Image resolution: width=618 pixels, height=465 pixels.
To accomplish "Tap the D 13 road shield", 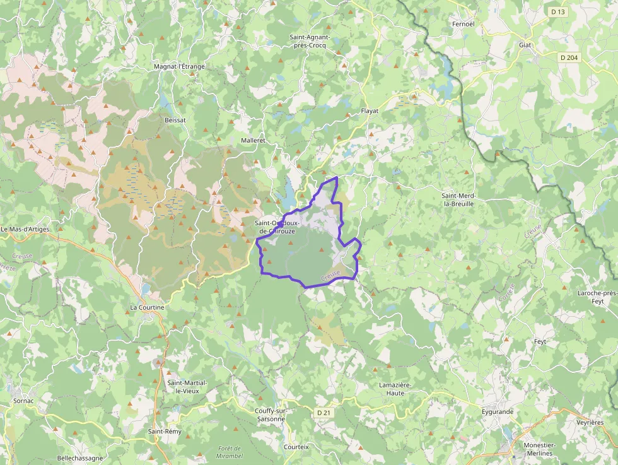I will pos(557,11).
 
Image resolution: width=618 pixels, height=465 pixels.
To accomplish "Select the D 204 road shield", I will pos(569,57).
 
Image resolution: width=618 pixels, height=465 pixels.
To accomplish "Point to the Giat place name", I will pos(525,45).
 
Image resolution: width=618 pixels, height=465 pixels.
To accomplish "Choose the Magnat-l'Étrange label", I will pos(179,66).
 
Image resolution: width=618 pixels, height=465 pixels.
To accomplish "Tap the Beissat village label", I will pos(175,119).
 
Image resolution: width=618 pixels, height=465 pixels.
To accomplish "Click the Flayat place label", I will pos(370,111).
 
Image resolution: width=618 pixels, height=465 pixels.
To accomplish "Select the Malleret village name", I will pos(254,140).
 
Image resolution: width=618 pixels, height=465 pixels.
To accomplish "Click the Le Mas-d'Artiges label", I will pos(25,229).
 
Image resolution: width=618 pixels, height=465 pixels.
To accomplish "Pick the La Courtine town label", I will pos(147,307).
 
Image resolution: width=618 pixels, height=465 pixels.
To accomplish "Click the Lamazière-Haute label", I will pos(395,389).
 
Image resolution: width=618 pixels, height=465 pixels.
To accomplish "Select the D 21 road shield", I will pos(324,413).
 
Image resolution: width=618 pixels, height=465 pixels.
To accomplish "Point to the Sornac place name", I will pos(23,401).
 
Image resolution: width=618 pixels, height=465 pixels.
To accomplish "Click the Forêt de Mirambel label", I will pos(230,452).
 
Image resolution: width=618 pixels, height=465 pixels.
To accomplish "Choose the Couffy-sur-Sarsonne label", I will pos(271,415).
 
